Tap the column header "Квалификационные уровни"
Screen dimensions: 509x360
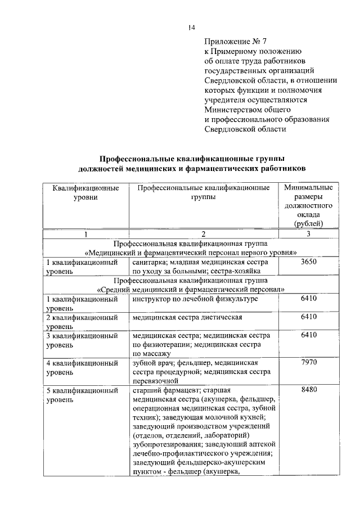(x=85, y=193)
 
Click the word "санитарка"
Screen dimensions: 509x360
(x=149, y=262)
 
